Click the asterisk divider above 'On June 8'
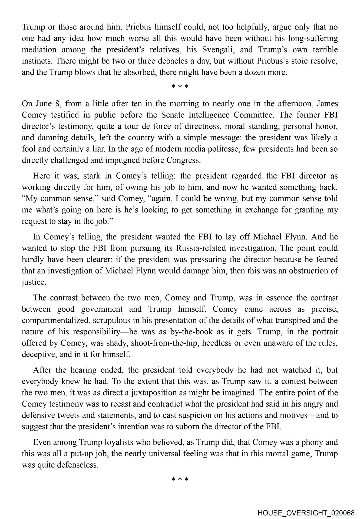pos(180,87)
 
